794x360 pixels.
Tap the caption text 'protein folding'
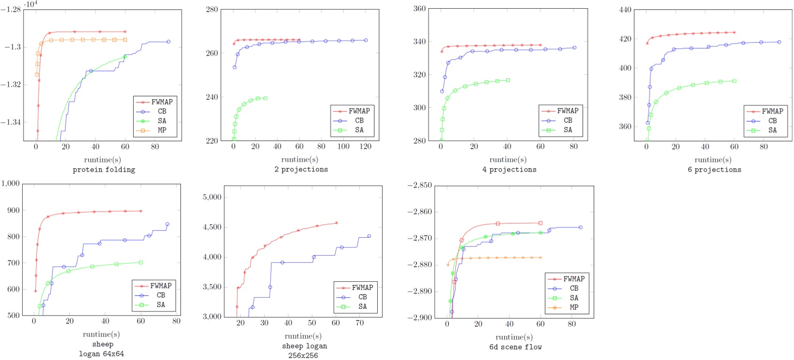[x=104, y=170]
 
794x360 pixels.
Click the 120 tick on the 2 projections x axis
[x=365, y=146]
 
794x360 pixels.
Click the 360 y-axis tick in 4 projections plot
[x=419, y=9]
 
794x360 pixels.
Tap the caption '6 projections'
[x=714, y=170]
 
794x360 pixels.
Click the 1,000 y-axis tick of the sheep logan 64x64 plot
[x=10, y=184]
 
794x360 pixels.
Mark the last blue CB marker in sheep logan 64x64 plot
[x=167, y=224]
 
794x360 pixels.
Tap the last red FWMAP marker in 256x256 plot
[x=336, y=223]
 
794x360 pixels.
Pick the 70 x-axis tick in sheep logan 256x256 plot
[x=359, y=323]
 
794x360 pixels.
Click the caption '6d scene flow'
[x=515, y=347]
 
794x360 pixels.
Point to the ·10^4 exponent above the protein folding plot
[x=30, y=4]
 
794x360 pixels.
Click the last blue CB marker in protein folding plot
[x=168, y=42]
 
